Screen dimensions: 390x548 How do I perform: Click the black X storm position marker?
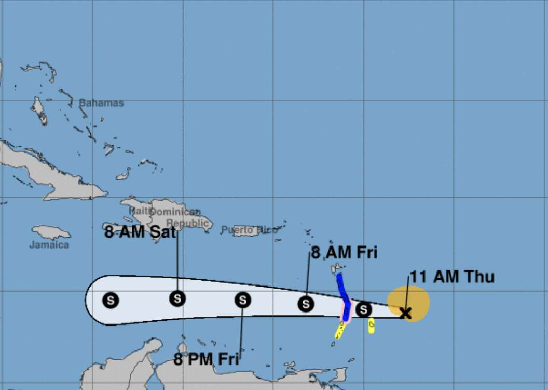[405, 313]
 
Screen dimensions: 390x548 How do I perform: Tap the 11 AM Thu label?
[452, 277]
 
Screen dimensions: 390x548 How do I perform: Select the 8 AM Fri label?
[344, 253]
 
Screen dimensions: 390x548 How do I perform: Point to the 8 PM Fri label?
[207, 359]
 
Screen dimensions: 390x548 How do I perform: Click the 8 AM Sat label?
[140, 232]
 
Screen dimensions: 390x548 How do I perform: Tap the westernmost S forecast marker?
[111, 300]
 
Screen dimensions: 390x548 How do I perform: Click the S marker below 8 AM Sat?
[177, 298]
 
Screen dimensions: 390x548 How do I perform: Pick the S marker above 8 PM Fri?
[242, 300]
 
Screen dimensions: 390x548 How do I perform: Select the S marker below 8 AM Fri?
[306, 304]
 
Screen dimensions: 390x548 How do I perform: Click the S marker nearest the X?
[364, 309]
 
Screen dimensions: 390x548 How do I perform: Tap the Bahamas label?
[101, 103]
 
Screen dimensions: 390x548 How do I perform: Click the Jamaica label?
[49, 244]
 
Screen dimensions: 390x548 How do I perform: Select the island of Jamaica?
[50, 231]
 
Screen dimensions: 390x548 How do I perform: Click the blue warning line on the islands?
[342, 289]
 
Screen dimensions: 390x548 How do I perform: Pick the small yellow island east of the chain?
[372, 326]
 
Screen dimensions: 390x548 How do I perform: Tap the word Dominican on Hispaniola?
[175, 212]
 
